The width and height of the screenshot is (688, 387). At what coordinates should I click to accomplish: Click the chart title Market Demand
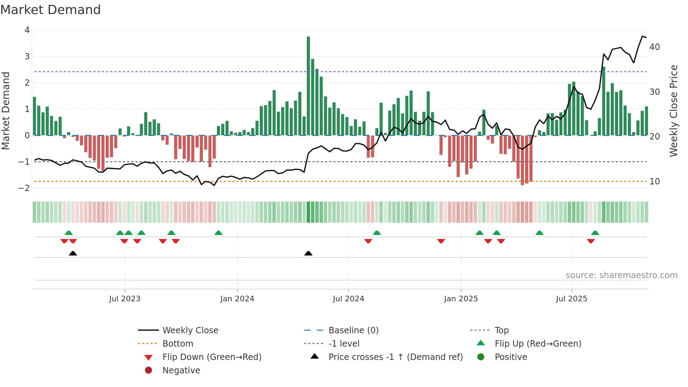click(51, 10)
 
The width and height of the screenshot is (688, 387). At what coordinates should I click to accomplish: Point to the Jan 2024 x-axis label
click(237, 299)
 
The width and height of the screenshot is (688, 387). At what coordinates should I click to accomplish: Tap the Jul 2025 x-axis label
click(571, 299)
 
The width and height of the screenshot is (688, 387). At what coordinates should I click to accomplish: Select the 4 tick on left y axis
click(27, 30)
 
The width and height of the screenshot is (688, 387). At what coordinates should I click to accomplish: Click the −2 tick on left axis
click(24, 188)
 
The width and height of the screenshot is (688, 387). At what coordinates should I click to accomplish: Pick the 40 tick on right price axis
click(654, 47)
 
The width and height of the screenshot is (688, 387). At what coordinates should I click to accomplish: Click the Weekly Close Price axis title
click(673, 111)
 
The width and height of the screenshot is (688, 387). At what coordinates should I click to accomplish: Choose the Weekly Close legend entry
click(190, 330)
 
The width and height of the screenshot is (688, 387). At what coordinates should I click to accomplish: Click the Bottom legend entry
click(178, 344)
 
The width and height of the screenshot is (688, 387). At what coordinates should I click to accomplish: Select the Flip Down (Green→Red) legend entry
click(212, 357)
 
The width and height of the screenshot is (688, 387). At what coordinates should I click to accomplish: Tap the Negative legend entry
click(181, 370)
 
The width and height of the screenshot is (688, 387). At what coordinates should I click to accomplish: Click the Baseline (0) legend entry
click(353, 330)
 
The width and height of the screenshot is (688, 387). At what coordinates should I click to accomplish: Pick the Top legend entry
click(501, 330)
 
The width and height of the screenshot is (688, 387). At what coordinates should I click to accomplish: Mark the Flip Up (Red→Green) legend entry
click(538, 344)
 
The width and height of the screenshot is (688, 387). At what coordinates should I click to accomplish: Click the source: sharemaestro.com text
click(621, 275)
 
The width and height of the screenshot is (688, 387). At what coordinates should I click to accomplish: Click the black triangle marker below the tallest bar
click(308, 253)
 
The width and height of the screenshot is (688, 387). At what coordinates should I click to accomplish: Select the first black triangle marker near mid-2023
click(73, 253)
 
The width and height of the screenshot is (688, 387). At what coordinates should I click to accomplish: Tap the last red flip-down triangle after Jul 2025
click(591, 241)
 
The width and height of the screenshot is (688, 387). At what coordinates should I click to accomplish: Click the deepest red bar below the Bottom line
click(522, 160)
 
